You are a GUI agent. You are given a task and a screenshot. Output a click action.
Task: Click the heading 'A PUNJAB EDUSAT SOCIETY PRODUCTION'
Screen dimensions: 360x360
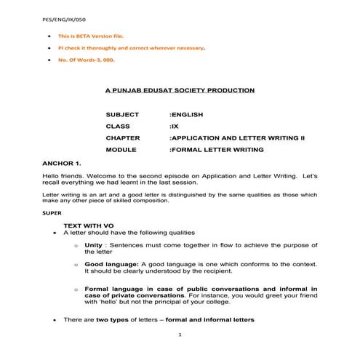click(180, 90)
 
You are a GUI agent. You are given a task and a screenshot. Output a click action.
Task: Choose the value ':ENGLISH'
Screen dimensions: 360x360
click(185, 115)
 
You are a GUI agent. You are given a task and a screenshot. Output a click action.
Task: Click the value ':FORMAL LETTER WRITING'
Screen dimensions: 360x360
click(216, 149)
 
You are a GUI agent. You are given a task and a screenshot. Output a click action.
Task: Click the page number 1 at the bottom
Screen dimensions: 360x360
click(180, 334)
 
